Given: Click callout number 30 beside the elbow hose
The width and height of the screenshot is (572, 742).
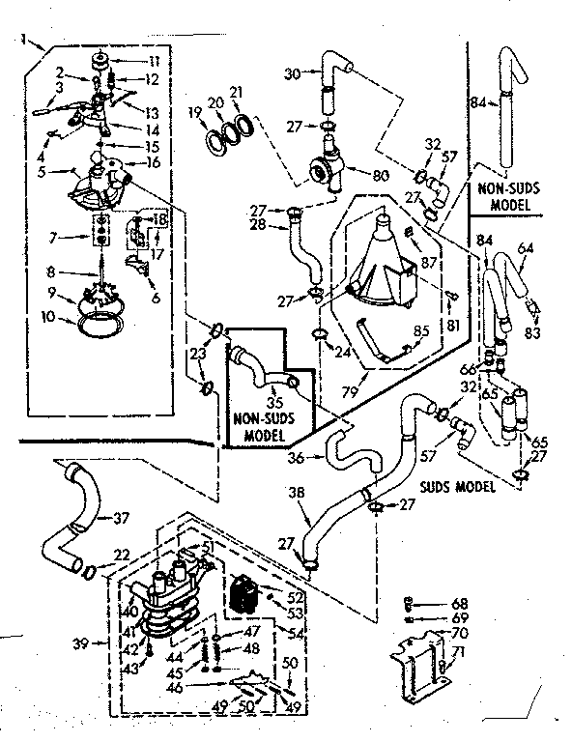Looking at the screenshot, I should (x=294, y=73).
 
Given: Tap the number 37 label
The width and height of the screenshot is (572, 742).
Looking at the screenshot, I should (x=121, y=518).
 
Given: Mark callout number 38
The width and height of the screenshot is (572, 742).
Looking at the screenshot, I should (x=298, y=494).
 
